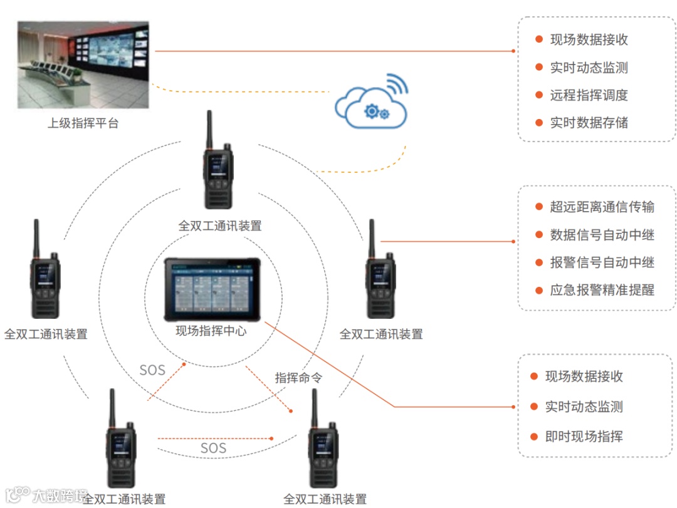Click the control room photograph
[83, 65]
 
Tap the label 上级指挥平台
[83, 123]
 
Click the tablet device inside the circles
[212, 289]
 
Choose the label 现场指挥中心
[211, 331]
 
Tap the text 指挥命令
[298, 378]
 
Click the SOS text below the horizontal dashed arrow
[213, 448]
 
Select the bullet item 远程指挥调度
[589, 95]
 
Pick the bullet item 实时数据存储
[589, 123]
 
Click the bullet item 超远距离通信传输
[602, 207]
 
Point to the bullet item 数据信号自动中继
[602, 235]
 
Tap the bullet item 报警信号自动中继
[602, 262]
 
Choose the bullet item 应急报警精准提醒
[602, 290]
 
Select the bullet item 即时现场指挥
[584, 437]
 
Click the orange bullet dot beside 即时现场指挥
[534, 437]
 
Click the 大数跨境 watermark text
[60, 496]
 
